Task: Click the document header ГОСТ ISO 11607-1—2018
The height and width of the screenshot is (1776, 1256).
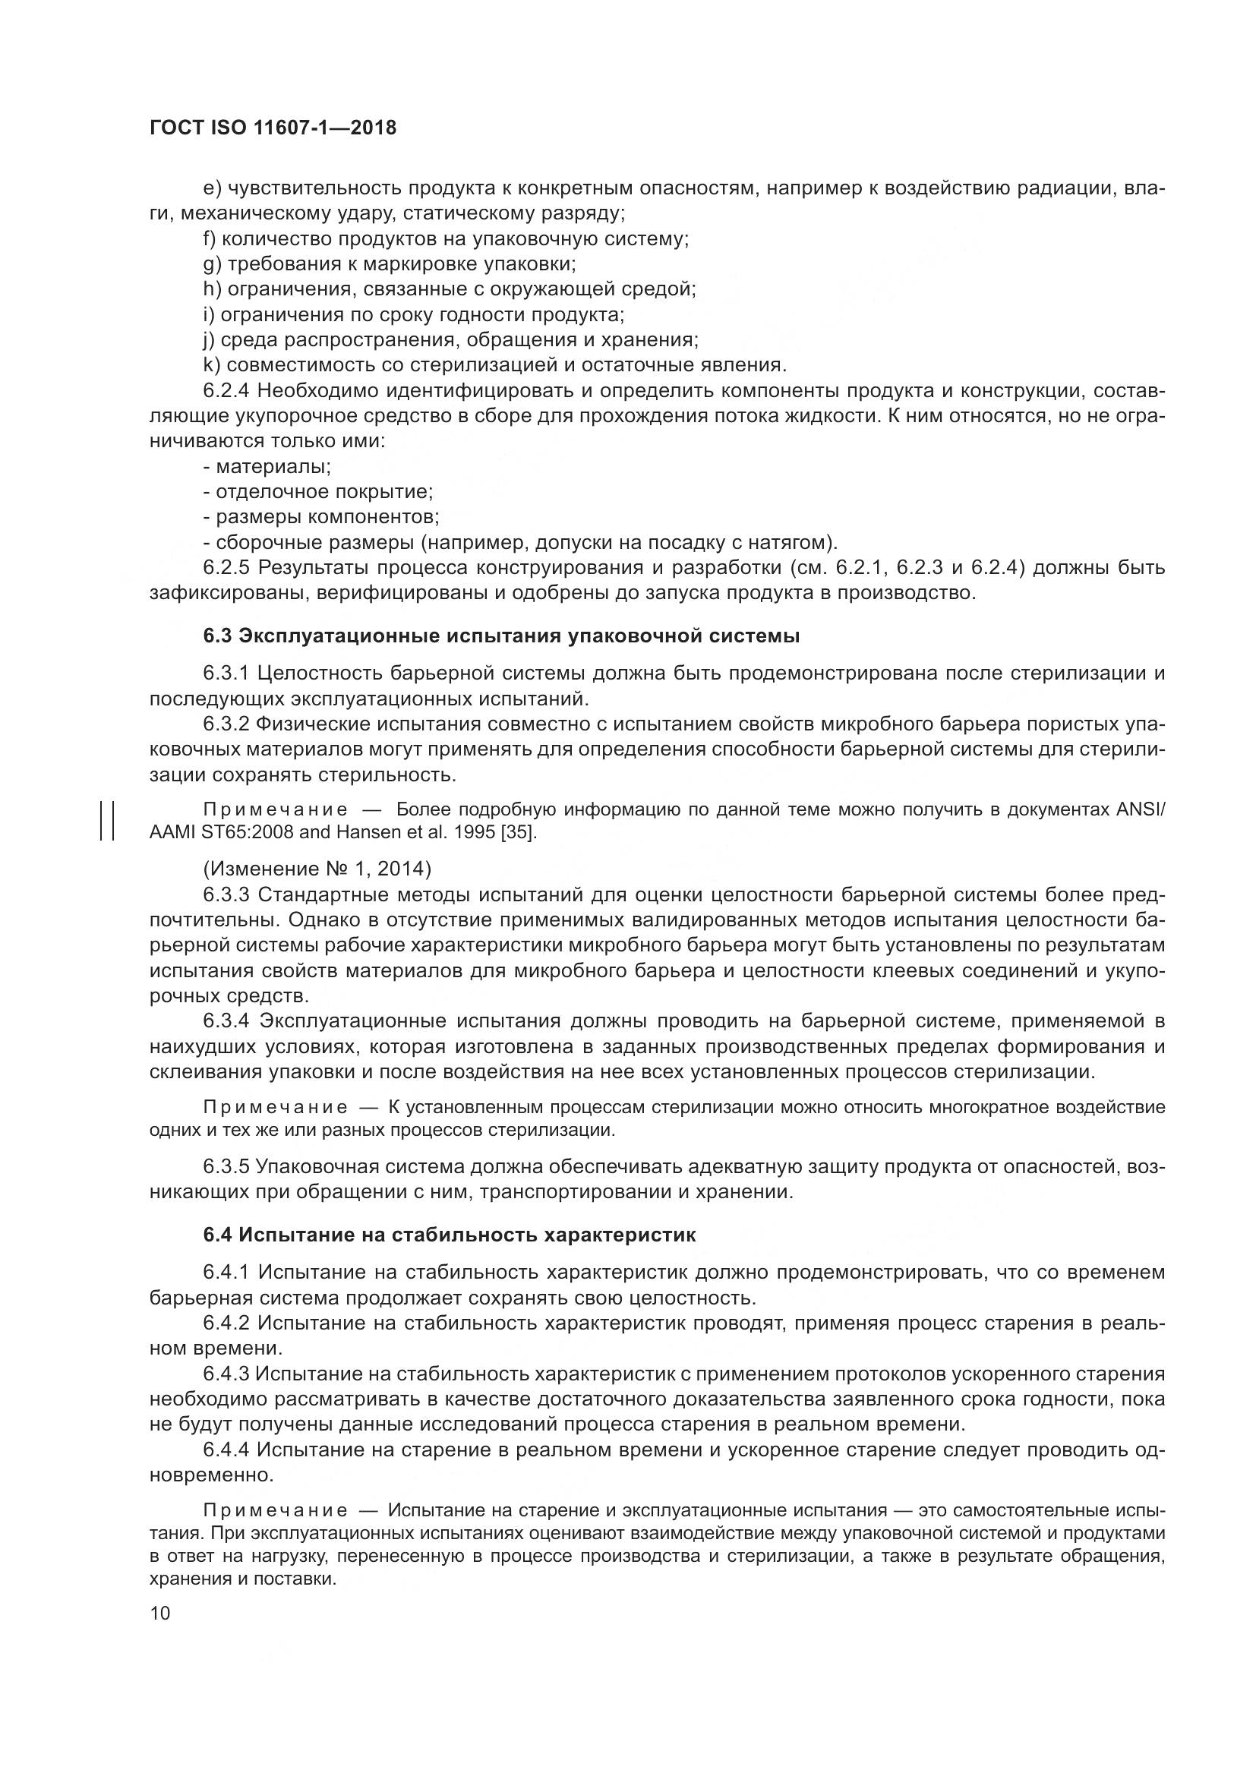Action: pyautogui.click(x=273, y=128)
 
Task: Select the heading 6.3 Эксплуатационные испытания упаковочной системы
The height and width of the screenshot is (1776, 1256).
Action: pyautogui.click(x=501, y=636)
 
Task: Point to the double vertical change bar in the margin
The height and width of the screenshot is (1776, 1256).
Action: pyautogui.click(x=108, y=821)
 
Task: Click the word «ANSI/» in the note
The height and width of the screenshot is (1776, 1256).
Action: pyautogui.click(x=1141, y=809)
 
